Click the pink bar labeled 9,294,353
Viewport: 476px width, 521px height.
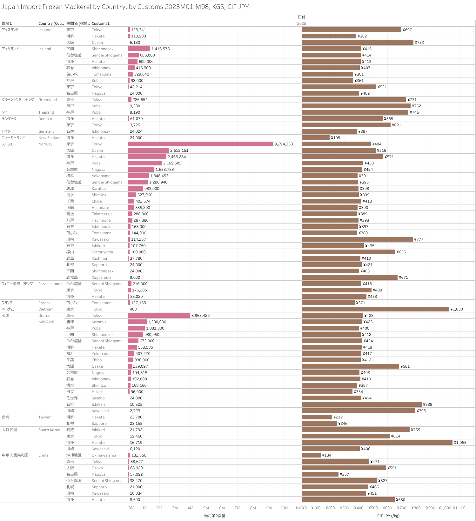(x=201, y=144)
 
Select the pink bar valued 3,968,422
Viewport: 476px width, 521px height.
(x=159, y=316)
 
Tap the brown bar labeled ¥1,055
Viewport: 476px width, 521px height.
(x=377, y=443)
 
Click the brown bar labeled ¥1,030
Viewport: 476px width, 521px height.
(x=375, y=309)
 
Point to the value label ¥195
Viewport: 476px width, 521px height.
(x=335, y=138)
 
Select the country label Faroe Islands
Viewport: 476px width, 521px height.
(x=50, y=284)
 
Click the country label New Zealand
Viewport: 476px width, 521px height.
(x=50, y=138)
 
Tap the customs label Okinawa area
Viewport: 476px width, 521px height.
(x=104, y=455)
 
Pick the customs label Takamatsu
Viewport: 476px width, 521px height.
(x=102, y=214)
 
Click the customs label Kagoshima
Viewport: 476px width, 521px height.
(x=101, y=277)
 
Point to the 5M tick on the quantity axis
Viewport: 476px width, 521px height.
(x=206, y=508)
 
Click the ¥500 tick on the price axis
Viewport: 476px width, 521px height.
(x=373, y=508)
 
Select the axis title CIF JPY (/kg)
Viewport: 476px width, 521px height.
(x=388, y=516)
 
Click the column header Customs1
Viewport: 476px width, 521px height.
(x=100, y=23)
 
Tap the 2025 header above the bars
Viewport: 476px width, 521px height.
(x=301, y=23)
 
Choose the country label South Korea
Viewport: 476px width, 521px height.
(x=49, y=430)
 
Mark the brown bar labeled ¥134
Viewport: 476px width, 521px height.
(x=311, y=455)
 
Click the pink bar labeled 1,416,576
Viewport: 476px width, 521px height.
(x=139, y=49)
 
